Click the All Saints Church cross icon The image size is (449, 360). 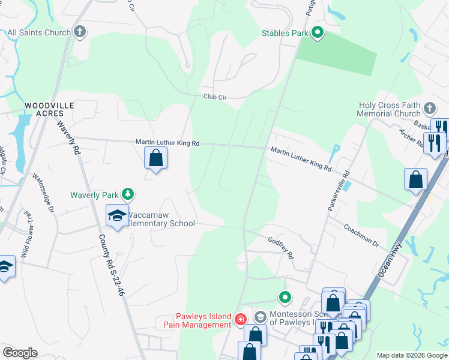click(79, 32)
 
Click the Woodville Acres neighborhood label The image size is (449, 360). click(49, 110)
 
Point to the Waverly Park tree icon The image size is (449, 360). click(127, 194)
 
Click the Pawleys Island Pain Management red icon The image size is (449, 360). click(240, 318)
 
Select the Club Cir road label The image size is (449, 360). click(214, 97)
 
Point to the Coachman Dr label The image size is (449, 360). click(361, 236)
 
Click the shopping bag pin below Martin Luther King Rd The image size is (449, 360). click(155, 158)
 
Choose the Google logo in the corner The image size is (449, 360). click(20, 353)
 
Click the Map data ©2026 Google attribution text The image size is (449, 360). click(411, 355)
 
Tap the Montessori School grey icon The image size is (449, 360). click(259, 315)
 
